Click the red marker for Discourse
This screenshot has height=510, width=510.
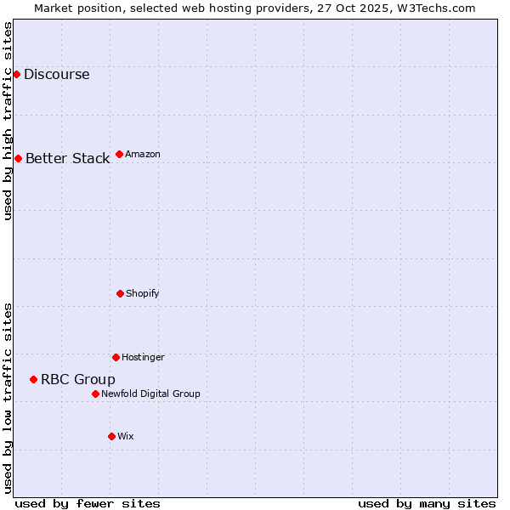click(x=16, y=74)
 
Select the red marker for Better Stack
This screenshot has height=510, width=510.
click(x=18, y=158)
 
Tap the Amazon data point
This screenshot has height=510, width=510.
click(x=119, y=154)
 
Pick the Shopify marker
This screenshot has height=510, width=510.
click(x=120, y=293)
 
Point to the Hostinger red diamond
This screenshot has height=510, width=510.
click(x=116, y=357)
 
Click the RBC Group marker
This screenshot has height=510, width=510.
click(x=33, y=379)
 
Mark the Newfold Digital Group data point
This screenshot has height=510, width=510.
click(x=95, y=394)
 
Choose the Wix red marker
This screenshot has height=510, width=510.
click(x=111, y=436)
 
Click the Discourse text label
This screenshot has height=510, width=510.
click(x=56, y=74)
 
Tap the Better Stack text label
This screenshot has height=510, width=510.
click(x=67, y=158)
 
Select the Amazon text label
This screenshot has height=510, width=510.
click(x=143, y=154)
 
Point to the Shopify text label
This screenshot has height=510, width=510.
click(x=143, y=293)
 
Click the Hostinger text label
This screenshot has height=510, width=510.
click(x=143, y=357)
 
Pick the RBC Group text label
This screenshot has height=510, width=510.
click(x=78, y=379)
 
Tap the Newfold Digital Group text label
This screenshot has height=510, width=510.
click(x=150, y=394)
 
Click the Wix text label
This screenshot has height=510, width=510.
click(x=126, y=436)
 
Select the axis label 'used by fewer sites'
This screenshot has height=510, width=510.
click(x=88, y=503)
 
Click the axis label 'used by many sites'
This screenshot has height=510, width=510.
click(x=427, y=503)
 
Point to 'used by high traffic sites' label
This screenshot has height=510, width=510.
click(x=8, y=121)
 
